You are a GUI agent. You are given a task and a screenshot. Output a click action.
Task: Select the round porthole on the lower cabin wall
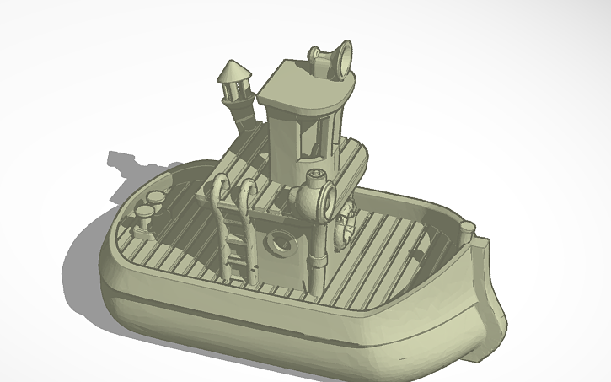279,245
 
